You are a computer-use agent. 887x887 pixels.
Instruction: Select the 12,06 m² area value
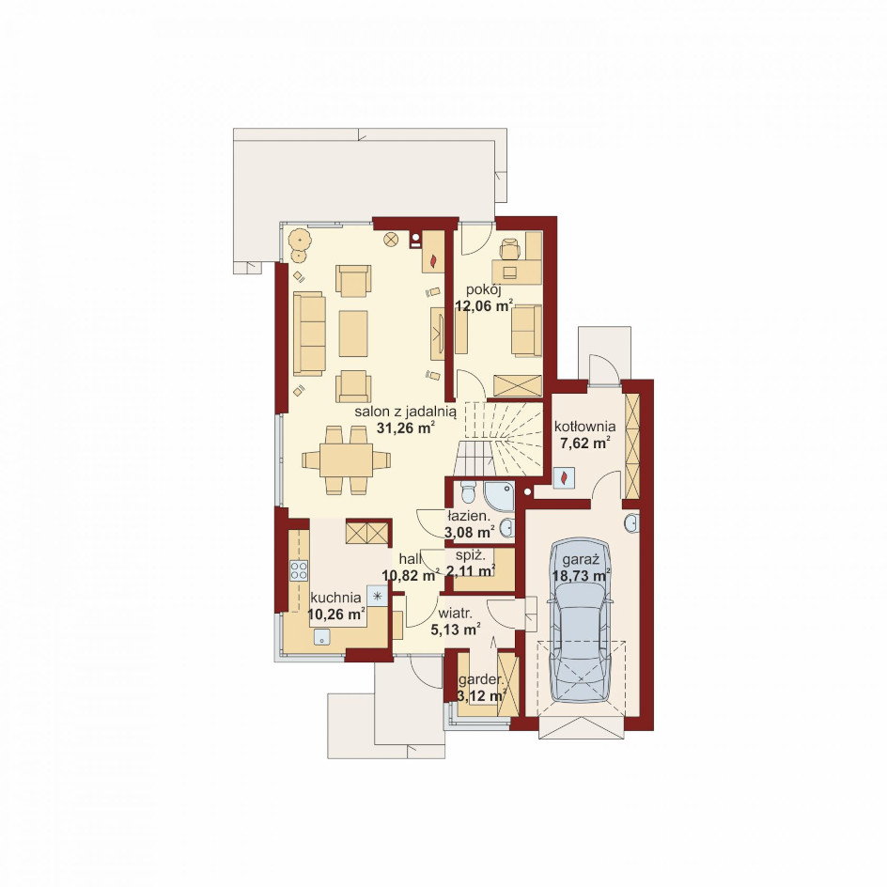[484, 306]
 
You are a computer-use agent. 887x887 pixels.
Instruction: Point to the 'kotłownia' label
[585, 426]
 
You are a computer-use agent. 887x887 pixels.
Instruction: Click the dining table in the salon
[346, 459]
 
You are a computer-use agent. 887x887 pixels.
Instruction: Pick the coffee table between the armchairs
[353, 334]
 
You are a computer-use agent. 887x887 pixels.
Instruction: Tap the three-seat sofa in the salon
[309, 334]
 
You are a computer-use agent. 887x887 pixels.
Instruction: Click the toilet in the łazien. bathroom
[467, 492]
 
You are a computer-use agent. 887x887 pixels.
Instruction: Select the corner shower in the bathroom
[499, 496]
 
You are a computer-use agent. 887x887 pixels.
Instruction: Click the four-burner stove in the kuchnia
[299, 570]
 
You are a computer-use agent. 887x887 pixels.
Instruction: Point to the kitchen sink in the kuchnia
[322, 637]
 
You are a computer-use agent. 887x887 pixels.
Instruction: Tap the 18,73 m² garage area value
[582, 575]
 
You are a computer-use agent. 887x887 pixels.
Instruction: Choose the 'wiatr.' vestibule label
[456, 614]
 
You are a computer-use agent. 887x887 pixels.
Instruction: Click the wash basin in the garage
[631, 523]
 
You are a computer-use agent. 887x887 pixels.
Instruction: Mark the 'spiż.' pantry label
[471, 555]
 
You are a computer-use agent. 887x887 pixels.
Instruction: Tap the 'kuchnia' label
[336, 598]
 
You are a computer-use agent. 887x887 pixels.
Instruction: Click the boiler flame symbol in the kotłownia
[564, 478]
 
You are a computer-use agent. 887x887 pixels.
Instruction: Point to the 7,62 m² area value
[585, 443]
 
